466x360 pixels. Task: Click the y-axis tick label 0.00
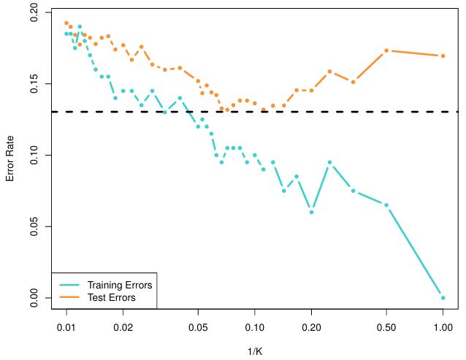(x=32, y=297)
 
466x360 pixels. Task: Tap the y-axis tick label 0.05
(x=32, y=226)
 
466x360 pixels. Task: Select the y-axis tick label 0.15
(x=32, y=84)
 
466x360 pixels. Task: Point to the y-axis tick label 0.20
(x=32, y=13)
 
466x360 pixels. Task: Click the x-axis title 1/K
(x=255, y=351)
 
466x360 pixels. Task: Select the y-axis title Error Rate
(x=10, y=156)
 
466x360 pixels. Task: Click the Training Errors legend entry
(x=114, y=285)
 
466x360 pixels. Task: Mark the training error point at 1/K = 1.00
(x=443, y=297)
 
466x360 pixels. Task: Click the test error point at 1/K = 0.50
(x=386, y=50)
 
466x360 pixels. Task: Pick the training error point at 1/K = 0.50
(x=386, y=205)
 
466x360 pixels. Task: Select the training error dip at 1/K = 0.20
(x=311, y=212)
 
